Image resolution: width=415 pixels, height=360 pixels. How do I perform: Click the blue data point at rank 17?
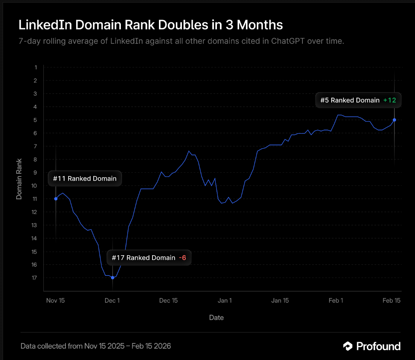pyautogui.click(x=113, y=277)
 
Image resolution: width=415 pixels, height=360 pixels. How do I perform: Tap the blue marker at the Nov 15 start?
pyautogui.click(x=56, y=199)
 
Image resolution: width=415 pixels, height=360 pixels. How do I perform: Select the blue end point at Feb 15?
pyautogui.click(x=394, y=120)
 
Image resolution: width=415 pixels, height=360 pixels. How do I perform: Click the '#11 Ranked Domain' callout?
pyautogui.click(x=85, y=179)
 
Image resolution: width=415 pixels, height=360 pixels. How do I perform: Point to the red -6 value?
pyautogui.click(x=182, y=258)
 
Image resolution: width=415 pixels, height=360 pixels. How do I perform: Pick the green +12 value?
pyautogui.click(x=390, y=100)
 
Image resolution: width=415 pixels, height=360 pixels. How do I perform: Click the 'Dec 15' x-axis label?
pyautogui.click(x=168, y=300)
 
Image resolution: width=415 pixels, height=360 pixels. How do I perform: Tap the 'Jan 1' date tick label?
pyautogui.click(x=225, y=300)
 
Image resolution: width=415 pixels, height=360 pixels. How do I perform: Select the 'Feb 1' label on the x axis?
pyautogui.click(x=336, y=300)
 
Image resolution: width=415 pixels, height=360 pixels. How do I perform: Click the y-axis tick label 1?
pyautogui.click(x=36, y=67)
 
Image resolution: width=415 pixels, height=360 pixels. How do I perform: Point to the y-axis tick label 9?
pyautogui.click(x=35, y=172)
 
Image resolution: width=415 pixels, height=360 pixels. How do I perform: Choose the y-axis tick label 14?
pyautogui.click(x=34, y=238)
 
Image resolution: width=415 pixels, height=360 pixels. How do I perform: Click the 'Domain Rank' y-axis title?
pyautogui.click(x=19, y=179)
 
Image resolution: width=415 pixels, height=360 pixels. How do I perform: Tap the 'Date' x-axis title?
pyautogui.click(x=217, y=318)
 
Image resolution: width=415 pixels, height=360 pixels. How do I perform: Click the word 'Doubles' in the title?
pyautogui.click(x=183, y=25)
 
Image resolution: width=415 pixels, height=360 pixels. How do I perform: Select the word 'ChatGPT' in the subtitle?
pyautogui.click(x=288, y=41)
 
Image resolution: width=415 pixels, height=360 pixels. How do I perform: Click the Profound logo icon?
pyautogui.click(x=348, y=346)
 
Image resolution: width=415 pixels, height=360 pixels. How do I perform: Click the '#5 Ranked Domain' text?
pyautogui.click(x=350, y=100)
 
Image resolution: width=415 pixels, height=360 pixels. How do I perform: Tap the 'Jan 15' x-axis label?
pyautogui.click(x=280, y=300)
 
